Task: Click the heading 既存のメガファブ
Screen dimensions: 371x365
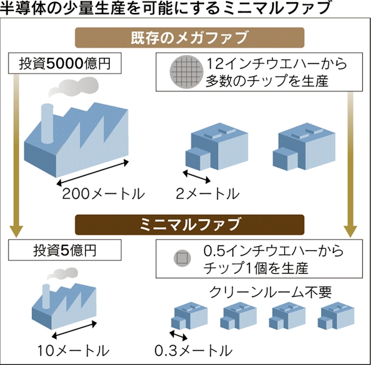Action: (x=189, y=38)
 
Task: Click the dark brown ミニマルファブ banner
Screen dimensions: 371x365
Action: (x=189, y=225)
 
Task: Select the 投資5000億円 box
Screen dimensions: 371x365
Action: (x=65, y=63)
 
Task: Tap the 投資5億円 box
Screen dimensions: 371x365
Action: (x=65, y=250)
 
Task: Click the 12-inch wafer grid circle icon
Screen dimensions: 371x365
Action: (x=187, y=72)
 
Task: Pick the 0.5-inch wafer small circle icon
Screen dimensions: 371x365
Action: (x=182, y=258)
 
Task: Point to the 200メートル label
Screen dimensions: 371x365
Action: (x=104, y=194)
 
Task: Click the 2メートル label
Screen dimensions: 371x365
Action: (x=207, y=194)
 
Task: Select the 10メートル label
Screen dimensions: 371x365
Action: (x=73, y=351)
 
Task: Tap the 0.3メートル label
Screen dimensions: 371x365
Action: (x=194, y=351)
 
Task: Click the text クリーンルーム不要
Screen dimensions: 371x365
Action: (x=270, y=292)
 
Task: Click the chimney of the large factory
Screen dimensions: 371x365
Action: (x=47, y=123)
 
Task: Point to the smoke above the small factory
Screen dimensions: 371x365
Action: (x=62, y=273)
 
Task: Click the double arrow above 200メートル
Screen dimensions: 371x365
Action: (x=93, y=173)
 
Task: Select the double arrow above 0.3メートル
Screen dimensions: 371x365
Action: (x=178, y=335)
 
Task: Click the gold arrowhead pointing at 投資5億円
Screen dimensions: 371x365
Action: (x=16, y=231)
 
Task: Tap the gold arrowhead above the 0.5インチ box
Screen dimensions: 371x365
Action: (x=350, y=231)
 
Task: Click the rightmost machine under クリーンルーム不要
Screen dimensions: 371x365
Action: (x=336, y=315)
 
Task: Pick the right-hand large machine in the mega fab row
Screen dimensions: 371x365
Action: (x=304, y=146)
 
